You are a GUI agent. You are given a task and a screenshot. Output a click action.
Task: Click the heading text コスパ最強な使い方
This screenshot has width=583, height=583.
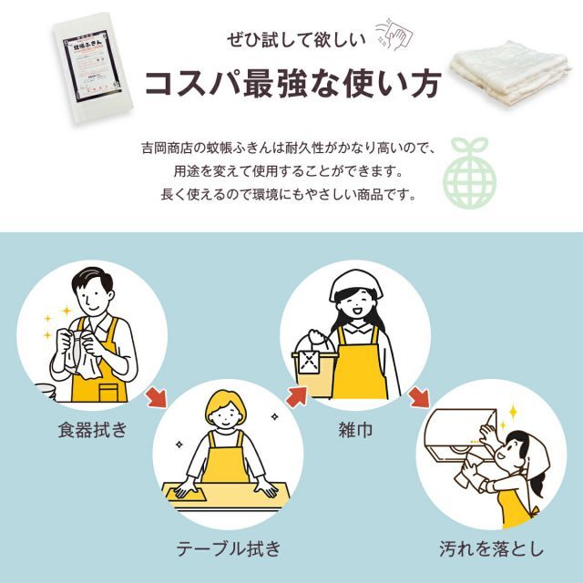pos(289,83)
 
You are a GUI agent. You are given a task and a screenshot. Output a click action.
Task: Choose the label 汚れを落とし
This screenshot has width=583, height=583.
pos(491,548)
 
